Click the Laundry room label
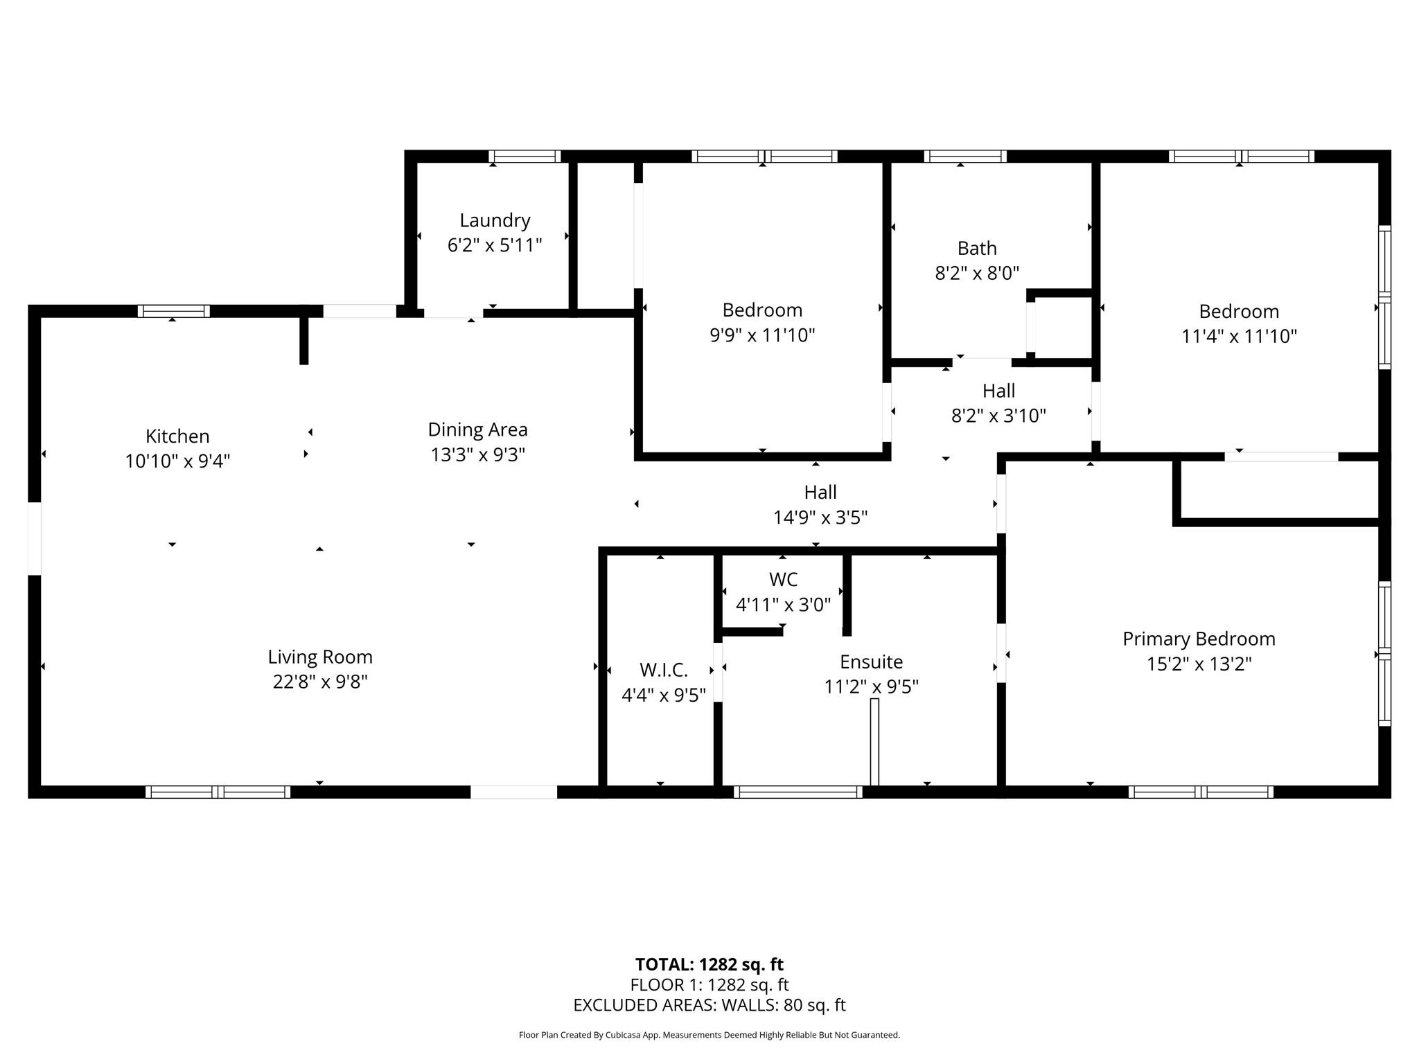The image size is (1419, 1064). [x=495, y=220]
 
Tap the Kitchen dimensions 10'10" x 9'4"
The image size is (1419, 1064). [x=177, y=461]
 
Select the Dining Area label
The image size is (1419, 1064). [x=477, y=429]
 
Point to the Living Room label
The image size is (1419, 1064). [x=320, y=657]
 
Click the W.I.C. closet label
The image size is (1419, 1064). [x=664, y=670]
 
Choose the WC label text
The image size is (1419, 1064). [x=783, y=579]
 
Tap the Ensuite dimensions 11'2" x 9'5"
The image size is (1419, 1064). [x=871, y=686]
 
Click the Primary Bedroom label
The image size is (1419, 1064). [x=1199, y=639]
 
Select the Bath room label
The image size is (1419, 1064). [x=977, y=248]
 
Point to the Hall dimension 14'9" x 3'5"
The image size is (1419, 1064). [x=820, y=517]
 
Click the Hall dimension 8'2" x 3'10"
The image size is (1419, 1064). [x=998, y=416]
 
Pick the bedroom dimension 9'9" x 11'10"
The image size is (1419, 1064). [x=762, y=335]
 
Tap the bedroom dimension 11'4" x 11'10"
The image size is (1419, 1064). [x=1239, y=336]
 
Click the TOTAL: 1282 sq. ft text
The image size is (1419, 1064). [x=709, y=964]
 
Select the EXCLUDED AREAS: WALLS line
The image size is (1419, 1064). [x=709, y=1005]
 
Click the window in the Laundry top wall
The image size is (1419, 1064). [x=525, y=157]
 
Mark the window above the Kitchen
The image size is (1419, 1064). [x=173, y=311]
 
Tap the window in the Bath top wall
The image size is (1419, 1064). [x=965, y=157]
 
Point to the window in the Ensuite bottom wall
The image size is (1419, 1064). [x=798, y=792]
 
